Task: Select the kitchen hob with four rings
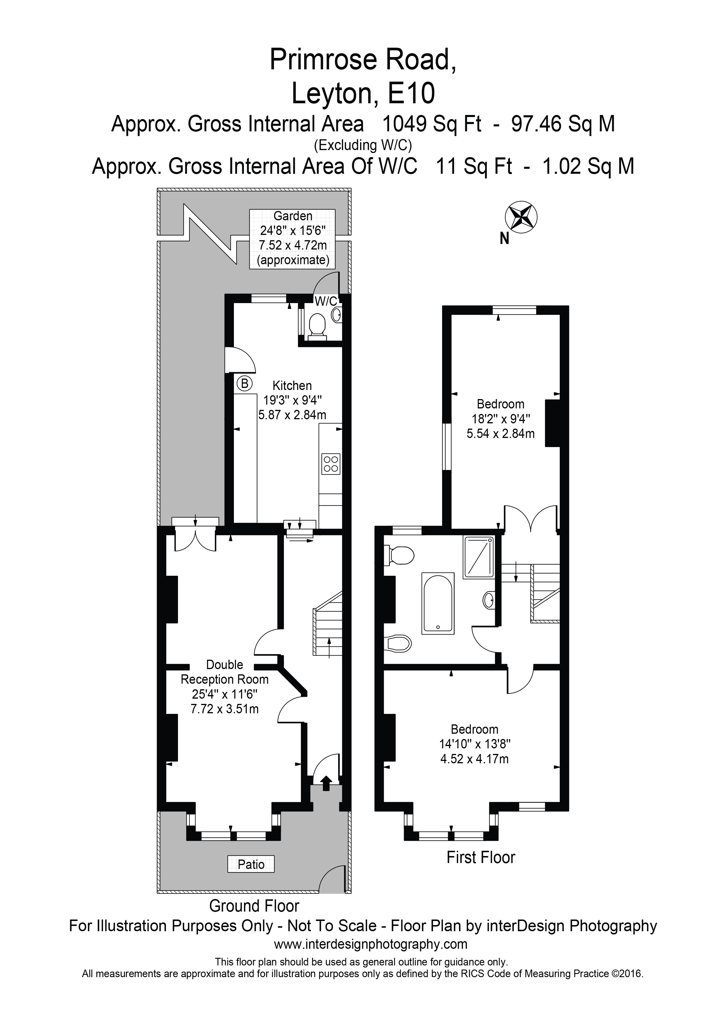[331, 463]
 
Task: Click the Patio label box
[251, 864]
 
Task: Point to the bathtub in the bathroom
[438, 603]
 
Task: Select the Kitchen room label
[292, 385]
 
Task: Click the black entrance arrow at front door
[326, 783]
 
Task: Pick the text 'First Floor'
[481, 857]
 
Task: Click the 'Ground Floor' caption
[254, 906]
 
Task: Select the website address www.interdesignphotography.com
[371, 944]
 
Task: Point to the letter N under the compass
[504, 239]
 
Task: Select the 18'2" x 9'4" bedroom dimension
[501, 419]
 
